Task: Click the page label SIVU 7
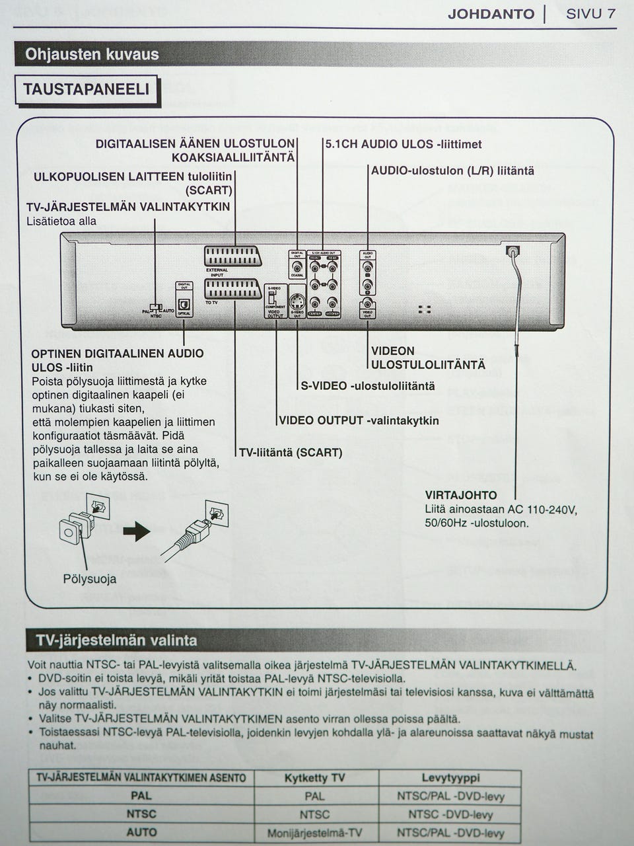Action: tap(590, 14)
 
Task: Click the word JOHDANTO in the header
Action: tap(491, 14)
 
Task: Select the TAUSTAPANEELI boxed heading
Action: tap(87, 90)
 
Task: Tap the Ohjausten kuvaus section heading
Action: tap(92, 54)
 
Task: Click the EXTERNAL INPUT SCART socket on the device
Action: tap(233, 257)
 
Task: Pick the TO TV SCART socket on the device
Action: tap(233, 289)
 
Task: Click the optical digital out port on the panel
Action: tap(184, 303)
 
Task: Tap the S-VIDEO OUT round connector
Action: tap(297, 303)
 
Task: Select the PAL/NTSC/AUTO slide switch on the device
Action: tap(155, 307)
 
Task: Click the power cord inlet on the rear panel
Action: tap(512, 251)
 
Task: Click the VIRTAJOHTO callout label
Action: tap(461, 495)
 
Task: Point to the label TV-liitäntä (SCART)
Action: tap(291, 453)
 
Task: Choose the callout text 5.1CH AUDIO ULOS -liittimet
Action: tap(404, 144)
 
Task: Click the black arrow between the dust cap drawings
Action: tap(137, 531)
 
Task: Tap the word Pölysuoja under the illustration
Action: tap(90, 579)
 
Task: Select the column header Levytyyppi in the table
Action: tap(450, 778)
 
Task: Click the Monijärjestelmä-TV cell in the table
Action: tap(314, 833)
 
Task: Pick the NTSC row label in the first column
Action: tap(141, 814)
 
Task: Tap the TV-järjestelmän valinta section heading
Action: tap(117, 640)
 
